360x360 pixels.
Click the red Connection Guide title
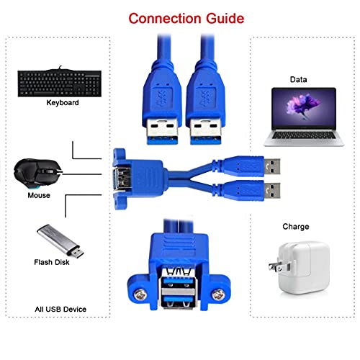click(x=180, y=17)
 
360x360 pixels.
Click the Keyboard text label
click(x=63, y=103)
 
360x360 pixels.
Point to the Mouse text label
click(x=39, y=196)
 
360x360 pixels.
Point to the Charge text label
click(x=296, y=226)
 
